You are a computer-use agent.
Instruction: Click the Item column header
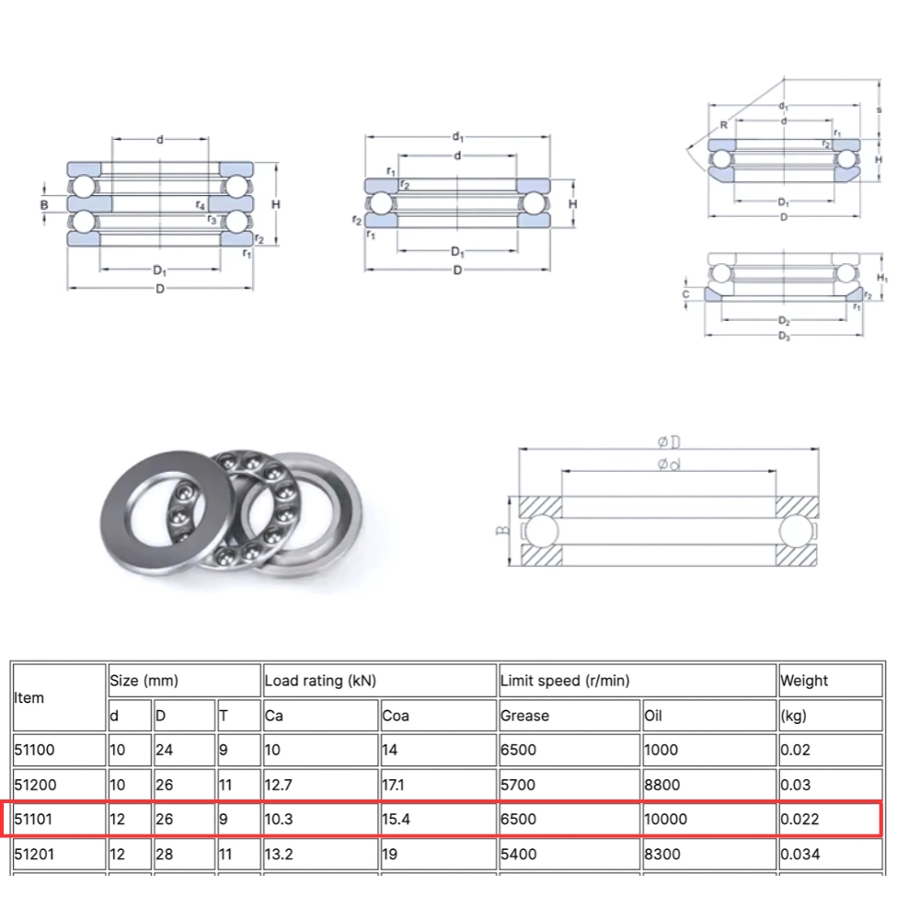pos(29,697)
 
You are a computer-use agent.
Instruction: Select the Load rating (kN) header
pos(320,681)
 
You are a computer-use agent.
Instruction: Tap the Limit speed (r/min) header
pos(565,681)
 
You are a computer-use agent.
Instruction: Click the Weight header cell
pos(804,681)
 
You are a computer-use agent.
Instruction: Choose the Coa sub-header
pos(397,715)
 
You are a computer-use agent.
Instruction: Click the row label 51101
pos(34,819)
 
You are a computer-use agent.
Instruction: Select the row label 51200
pos(34,784)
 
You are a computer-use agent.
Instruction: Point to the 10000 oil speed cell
pos(666,819)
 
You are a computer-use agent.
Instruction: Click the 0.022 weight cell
pos(799,819)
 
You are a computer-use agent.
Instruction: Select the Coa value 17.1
pos(396,784)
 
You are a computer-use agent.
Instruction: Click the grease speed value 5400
pos(518,854)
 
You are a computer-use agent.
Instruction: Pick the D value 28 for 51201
pos(164,854)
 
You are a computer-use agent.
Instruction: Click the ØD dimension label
pos(669,442)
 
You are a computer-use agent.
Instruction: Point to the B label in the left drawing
pos(43,204)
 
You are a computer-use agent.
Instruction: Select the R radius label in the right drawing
pos(724,124)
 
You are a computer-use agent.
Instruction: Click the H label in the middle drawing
pos(572,203)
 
